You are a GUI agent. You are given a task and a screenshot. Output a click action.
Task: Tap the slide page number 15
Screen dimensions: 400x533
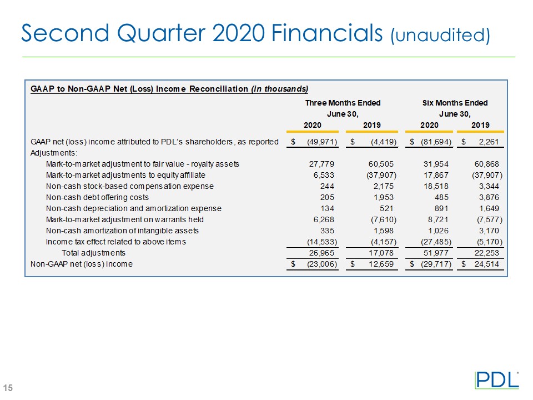[9, 387]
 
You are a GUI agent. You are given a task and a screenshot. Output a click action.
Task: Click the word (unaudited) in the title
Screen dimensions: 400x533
[441, 36]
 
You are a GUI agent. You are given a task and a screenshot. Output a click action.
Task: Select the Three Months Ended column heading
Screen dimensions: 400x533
[343, 103]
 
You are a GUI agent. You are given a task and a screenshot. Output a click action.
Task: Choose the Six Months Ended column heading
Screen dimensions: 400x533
[455, 103]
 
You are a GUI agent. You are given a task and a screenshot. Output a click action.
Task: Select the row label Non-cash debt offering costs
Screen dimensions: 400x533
[97, 197]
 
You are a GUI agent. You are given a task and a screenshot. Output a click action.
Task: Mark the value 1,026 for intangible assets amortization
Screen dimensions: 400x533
[437, 231]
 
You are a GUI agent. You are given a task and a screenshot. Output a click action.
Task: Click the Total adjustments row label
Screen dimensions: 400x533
[93, 253]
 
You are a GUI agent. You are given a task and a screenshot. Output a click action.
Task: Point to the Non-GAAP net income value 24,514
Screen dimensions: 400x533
[487, 264]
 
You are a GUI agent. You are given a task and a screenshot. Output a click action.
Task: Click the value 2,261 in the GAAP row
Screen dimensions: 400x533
[490, 142]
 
